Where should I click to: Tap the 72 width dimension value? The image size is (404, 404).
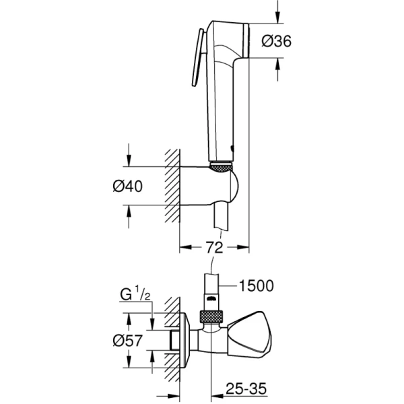click(x=214, y=248)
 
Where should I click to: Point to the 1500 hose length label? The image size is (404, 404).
click(x=256, y=285)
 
